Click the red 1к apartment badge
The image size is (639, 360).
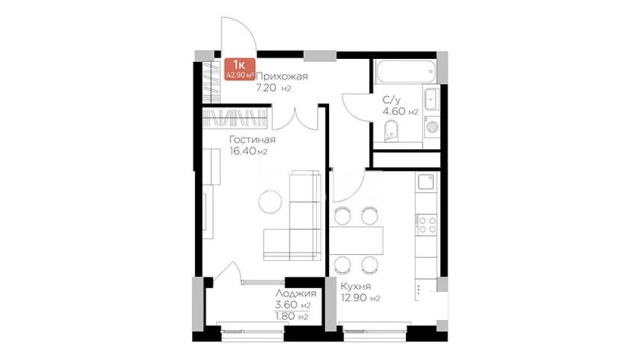(x=239, y=69)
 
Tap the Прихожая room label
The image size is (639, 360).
(x=282, y=76)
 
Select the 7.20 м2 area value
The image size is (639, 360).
(x=273, y=88)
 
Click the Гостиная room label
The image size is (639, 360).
(x=252, y=139)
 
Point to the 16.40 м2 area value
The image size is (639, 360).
(x=248, y=151)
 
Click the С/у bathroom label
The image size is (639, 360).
(x=392, y=100)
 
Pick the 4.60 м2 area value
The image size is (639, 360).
(x=400, y=112)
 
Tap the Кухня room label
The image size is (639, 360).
(x=356, y=286)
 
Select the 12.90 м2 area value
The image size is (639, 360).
(x=360, y=298)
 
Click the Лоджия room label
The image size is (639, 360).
(x=295, y=293)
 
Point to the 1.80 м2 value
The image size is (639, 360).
(x=292, y=316)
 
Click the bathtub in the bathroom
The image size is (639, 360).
(x=405, y=71)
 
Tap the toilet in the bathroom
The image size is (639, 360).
(x=391, y=130)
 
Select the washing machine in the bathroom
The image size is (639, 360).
(x=432, y=126)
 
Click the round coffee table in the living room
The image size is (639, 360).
(x=270, y=201)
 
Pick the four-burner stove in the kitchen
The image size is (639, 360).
(x=426, y=225)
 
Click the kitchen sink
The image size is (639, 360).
(x=426, y=182)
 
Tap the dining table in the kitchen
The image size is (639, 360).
(x=356, y=241)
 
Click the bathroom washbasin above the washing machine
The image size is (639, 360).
(x=431, y=99)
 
